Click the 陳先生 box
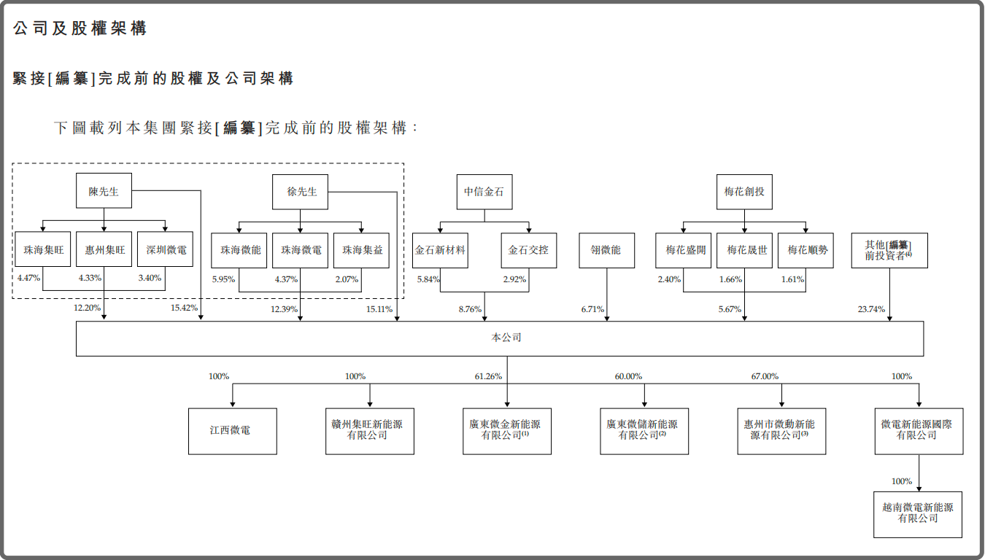click(104, 192)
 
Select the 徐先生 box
click(300, 192)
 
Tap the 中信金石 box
click(484, 192)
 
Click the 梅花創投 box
click(743, 192)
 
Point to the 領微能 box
click(606, 250)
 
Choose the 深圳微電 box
click(166, 250)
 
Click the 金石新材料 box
click(440, 250)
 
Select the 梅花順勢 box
click(806, 250)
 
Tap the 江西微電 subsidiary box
click(233, 431)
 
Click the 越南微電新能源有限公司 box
click(918, 513)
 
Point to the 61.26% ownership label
click(487, 376)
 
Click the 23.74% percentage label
click(871, 309)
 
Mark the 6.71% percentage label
click(592, 309)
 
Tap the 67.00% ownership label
click(765, 376)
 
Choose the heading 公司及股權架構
click(80, 28)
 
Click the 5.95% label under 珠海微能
click(223, 279)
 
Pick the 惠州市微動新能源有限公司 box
click(781, 431)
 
